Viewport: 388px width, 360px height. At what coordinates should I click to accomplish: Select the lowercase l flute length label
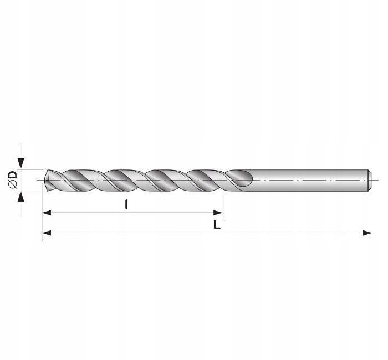[127, 204]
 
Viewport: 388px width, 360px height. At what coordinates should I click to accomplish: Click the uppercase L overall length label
[218, 225]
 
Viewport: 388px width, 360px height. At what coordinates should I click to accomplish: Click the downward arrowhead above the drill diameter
[21, 163]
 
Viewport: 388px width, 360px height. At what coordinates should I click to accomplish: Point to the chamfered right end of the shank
[369, 180]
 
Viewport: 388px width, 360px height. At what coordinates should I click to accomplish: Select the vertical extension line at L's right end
[372, 216]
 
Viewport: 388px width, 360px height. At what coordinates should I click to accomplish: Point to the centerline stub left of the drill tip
[39, 181]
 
